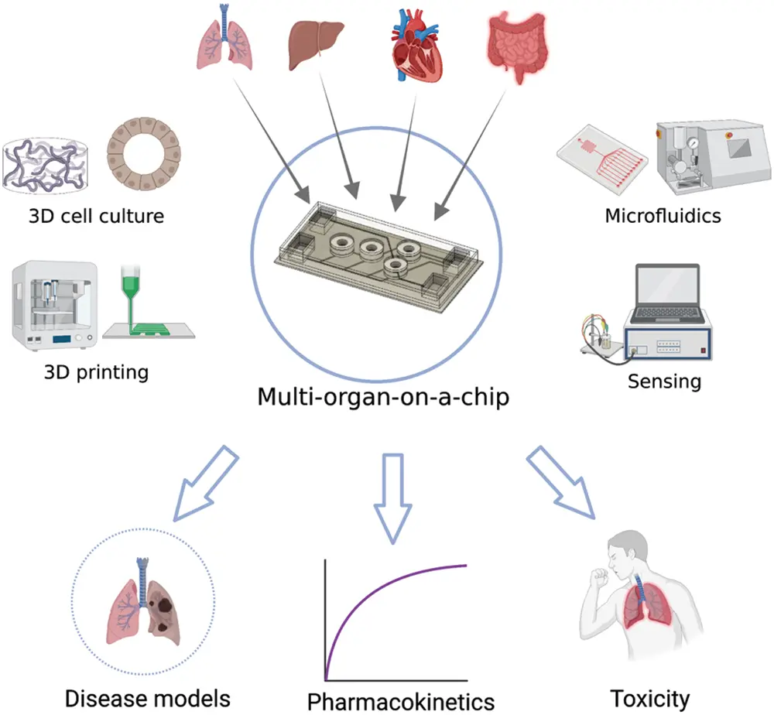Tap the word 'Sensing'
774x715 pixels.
[664, 381]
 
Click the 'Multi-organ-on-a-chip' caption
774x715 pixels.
[384, 398]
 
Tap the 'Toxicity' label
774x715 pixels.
[649, 698]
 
